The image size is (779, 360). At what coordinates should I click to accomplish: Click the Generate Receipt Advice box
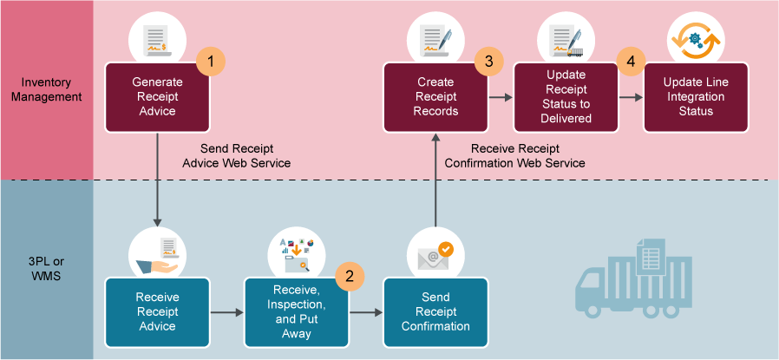[157, 97]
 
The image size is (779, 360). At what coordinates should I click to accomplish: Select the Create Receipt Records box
[435, 97]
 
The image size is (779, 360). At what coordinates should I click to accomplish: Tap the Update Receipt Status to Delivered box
[566, 97]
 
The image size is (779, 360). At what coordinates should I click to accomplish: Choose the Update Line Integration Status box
[696, 97]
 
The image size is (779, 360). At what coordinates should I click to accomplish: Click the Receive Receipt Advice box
[157, 311]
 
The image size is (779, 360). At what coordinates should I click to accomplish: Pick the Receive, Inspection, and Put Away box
[296, 311]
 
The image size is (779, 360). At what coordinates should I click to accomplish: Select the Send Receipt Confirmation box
[435, 311]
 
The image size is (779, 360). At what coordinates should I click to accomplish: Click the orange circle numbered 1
[211, 62]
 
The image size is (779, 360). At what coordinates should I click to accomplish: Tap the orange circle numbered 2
[350, 276]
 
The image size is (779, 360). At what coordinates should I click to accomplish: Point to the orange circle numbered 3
[489, 62]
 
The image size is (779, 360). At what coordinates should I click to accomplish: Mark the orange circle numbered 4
[631, 62]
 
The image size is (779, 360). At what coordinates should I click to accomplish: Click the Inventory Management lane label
[47, 89]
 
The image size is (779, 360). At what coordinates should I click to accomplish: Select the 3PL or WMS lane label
[47, 270]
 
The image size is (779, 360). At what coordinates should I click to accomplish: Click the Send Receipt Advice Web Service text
[237, 155]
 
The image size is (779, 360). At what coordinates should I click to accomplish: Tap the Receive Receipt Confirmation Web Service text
[514, 155]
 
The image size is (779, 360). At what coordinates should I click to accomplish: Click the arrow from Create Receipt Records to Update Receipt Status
[501, 98]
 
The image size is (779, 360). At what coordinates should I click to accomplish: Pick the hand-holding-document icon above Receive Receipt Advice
[157, 252]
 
